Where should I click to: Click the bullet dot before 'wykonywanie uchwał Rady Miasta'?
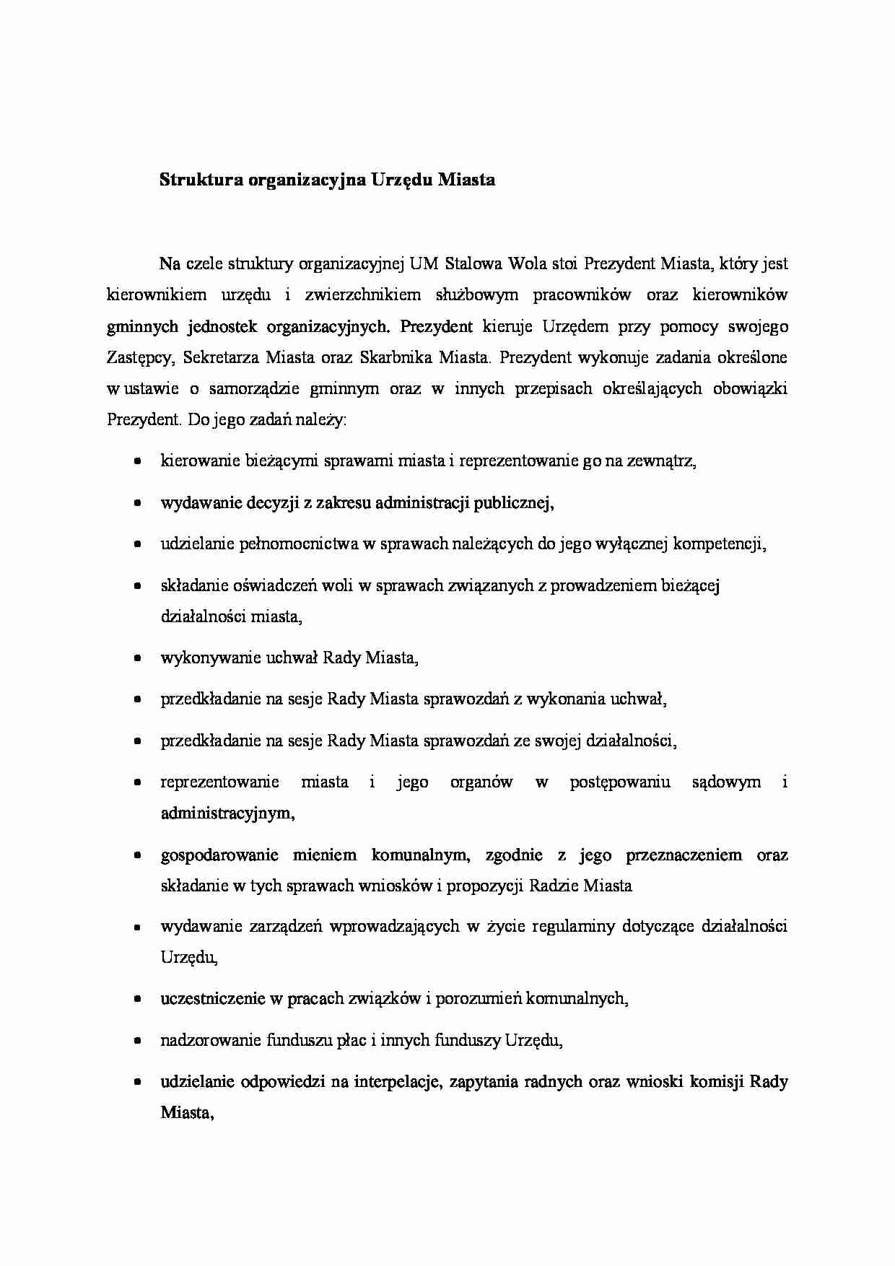coord(136,658)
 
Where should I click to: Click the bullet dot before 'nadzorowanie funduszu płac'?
coord(136,1041)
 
